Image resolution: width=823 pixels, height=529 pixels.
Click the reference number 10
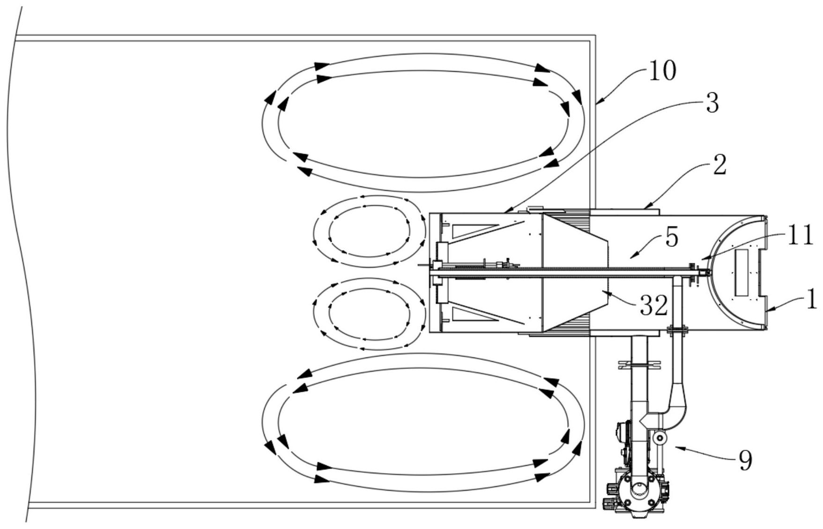point(662,71)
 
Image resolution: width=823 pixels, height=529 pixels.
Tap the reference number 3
point(712,103)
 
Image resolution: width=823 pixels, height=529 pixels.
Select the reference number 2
point(719,165)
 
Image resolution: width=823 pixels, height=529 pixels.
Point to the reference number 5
point(671,238)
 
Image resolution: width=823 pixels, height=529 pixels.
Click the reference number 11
point(800,236)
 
